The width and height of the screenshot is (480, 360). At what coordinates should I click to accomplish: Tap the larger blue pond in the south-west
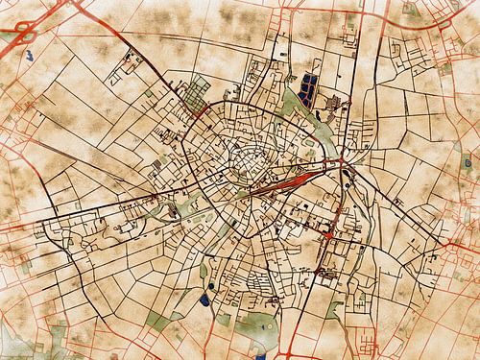[208, 298]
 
